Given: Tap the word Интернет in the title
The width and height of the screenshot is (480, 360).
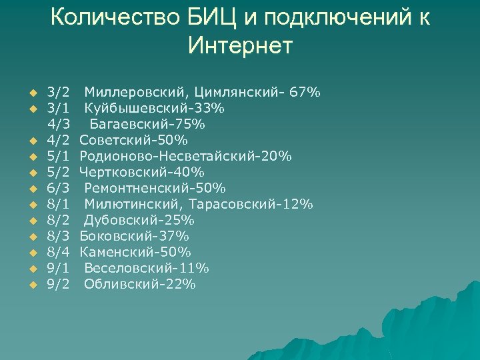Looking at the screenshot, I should [240, 46].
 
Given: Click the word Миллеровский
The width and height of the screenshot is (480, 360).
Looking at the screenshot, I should [136, 92].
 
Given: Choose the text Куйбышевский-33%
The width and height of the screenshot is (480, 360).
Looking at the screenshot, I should [155, 108].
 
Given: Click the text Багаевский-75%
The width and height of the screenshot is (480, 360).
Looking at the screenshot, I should [148, 124].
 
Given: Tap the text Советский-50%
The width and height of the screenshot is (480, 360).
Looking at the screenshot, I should [133, 140].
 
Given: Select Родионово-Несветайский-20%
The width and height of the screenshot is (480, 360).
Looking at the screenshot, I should [185, 156].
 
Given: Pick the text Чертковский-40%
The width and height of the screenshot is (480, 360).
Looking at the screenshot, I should [142, 172].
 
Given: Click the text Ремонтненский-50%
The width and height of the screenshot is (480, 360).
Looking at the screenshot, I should [155, 188].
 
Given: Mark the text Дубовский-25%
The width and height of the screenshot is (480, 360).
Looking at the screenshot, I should [139, 220].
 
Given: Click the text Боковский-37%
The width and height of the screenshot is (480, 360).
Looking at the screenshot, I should [135, 236].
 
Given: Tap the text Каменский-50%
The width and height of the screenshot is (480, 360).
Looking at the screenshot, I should [135, 252].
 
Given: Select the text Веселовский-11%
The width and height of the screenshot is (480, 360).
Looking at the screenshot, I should [147, 268].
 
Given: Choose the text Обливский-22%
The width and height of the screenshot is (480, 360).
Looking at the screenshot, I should [140, 284].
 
